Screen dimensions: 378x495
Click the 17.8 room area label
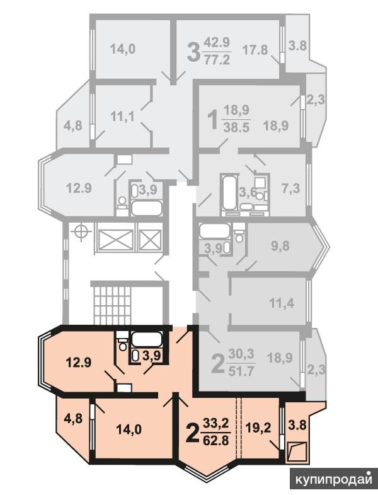tap(255, 50)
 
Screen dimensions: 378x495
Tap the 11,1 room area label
tap(122, 117)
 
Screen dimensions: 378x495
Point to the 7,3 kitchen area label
tap(290, 189)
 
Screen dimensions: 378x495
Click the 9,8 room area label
tap(280, 245)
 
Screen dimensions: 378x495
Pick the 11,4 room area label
tap(282, 303)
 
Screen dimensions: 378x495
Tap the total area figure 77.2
tap(217, 59)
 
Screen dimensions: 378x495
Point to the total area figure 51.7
tap(241, 371)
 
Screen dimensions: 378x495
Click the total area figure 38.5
tap(237, 127)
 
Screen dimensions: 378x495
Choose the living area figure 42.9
tap(217, 42)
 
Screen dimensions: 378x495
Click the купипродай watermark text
tap(334, 480)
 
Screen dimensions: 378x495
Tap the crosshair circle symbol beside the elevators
tap(82, 233)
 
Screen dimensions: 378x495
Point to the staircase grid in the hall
tap(112, 306)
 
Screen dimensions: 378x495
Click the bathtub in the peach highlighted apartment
tap(147, 340)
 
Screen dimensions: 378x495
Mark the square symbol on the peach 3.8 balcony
tap(297, 452)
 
